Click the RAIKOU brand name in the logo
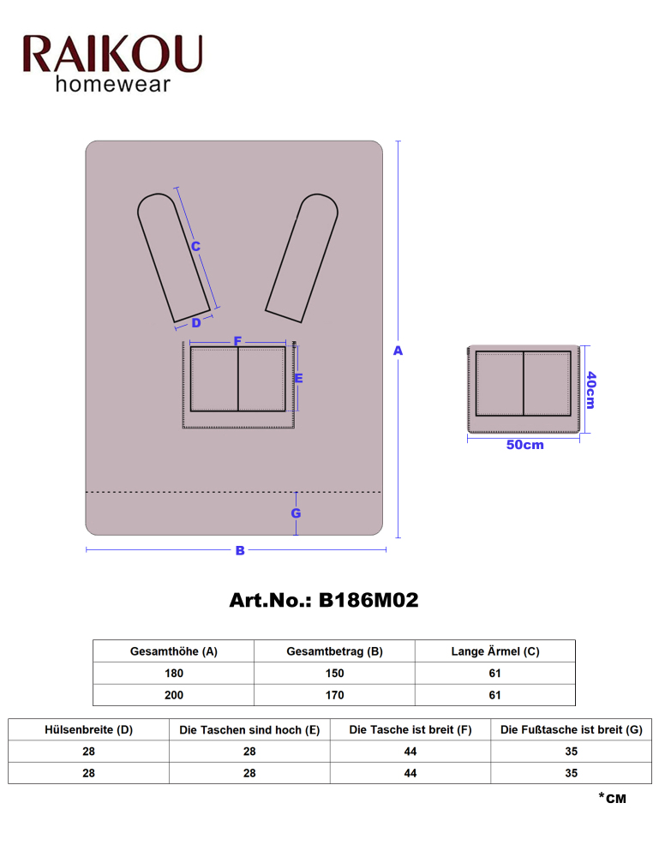tap(112, 54)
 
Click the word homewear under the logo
tap(113, 84)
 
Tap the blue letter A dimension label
tap(398, 351)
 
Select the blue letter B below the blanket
tap(240, 550)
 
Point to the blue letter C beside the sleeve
tap(195, 247)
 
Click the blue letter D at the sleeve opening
tap(196, 323)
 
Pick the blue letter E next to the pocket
tap(298, 378)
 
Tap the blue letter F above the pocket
tap(237, 341)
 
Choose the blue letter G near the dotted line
tap(296, 513)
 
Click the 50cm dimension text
tap(524, 445)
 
